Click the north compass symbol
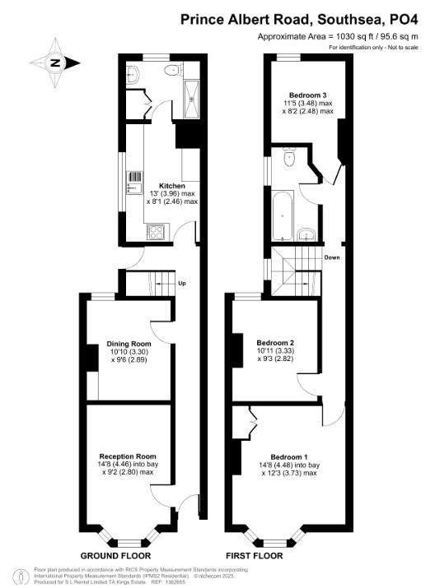click(54, 63)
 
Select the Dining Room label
click(129, 344)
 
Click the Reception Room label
click(128, 456)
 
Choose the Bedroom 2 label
click(275, 342)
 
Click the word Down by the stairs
click(331, 257)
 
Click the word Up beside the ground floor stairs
click(181, 284)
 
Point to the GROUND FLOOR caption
click(115, 556)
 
